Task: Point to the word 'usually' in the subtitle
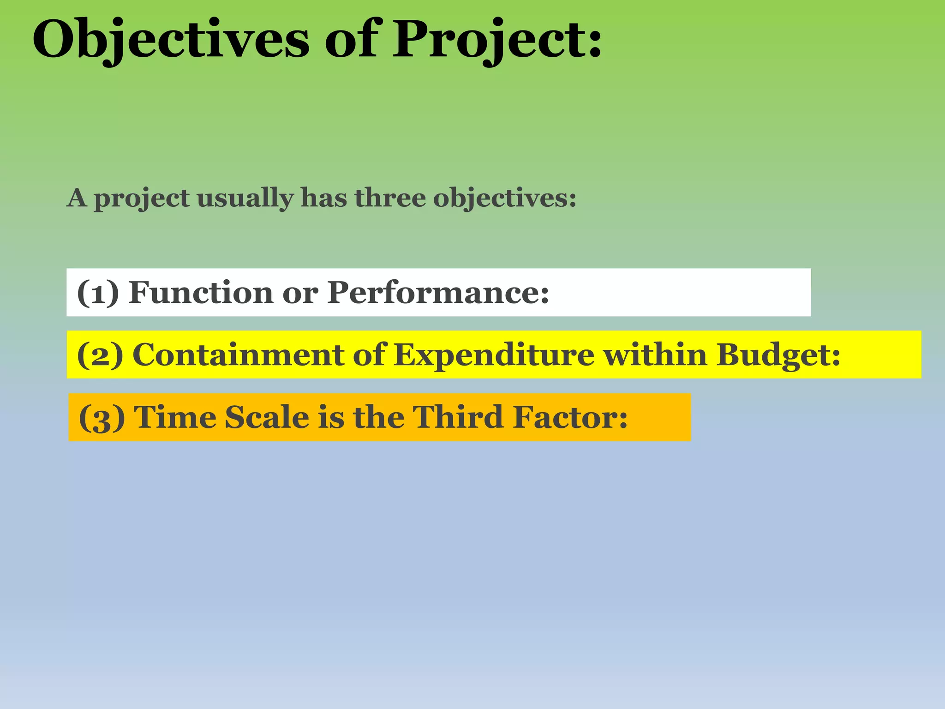[x=245, y=199]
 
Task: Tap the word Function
[x=201, y=293]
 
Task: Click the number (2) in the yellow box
[x=100, y=355]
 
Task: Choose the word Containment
[x=238, y=355]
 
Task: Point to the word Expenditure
[x=494, y=355]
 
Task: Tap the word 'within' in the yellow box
[x=655, y=355]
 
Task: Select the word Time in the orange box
[x=175, y=417]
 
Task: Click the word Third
[x=457, y=417]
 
